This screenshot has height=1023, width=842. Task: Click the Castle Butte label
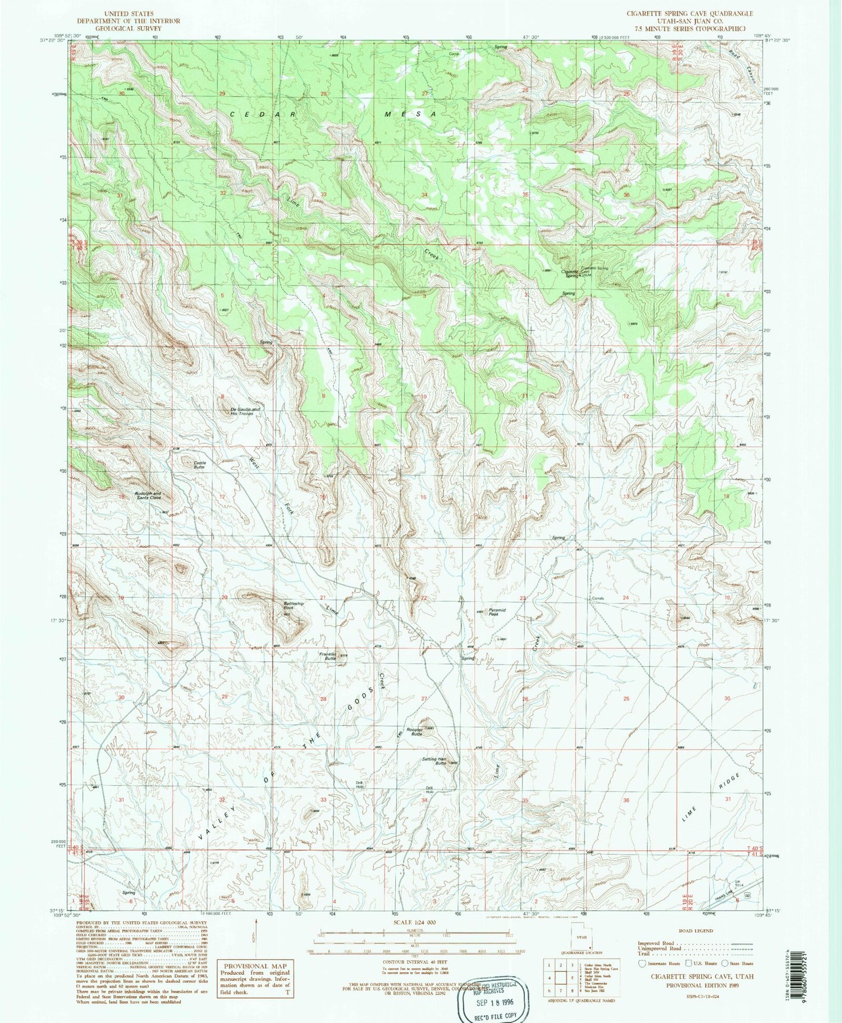tap(199, 464)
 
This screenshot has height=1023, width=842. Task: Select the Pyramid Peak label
tap(497, 612)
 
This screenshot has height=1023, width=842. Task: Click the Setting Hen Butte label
tap(434, 761)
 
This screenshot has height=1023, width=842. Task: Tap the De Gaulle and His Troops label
tap(245, 411)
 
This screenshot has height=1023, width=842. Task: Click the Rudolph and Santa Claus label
tap(148, 496)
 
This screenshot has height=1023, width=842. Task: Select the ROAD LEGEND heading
tap(696, 930)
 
